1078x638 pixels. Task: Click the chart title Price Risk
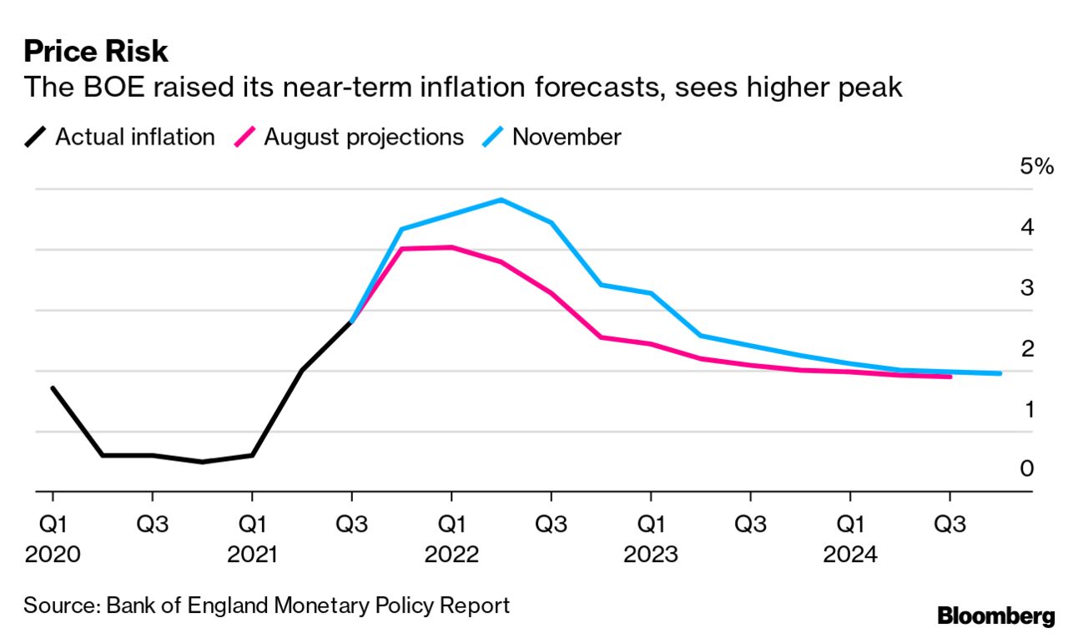click(x=96, y=52)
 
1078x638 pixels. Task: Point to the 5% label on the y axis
click(x=1037, y=167)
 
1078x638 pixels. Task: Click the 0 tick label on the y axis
click(x=1027, y=469)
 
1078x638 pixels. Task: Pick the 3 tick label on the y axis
click(x=1027, y=288)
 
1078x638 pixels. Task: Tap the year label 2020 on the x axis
click(x=53, y=554)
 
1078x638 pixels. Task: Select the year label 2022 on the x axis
click(x=451, y=554)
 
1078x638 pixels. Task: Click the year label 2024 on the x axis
click(x=850, y=554)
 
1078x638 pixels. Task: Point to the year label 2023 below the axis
click(x=651, y=554)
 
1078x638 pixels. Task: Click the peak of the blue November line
click(x=501, y=200)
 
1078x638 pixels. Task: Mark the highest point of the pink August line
click(x=451, y=247)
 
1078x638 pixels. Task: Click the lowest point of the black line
click(x=202, y=462)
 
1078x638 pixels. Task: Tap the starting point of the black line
click(x=53, y=388)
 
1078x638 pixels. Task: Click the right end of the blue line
click(x=1000, y=373)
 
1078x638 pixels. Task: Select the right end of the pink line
click(x=950, y=377)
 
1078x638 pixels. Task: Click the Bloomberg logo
click(x=996, y=617)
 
